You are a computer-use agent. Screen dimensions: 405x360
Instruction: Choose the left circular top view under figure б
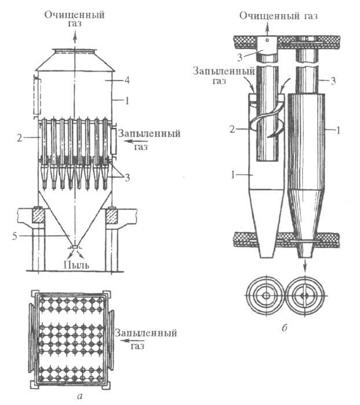click(x=265, y=296)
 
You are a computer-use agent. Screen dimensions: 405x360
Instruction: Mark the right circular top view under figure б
click(x=304, y=296)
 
